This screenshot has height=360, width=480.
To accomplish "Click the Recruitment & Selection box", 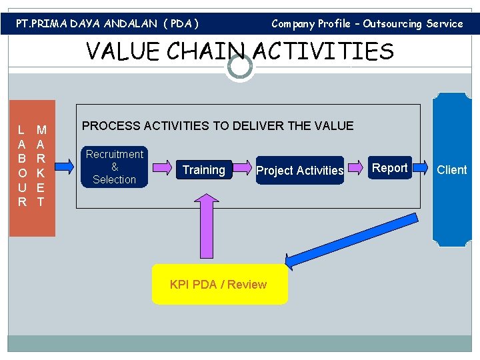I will tap(115, 167).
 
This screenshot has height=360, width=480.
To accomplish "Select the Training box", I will tap(203, 170).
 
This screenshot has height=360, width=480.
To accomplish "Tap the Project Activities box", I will tap(300, 171).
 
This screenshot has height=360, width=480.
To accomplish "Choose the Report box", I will tap(389, 168).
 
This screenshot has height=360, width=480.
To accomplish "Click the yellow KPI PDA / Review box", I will tap(219, 285).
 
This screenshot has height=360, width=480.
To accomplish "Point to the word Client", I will tap(451, 170).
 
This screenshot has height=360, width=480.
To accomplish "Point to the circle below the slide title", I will tap(240, 67).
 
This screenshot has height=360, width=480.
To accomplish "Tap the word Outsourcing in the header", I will tap(393, 24).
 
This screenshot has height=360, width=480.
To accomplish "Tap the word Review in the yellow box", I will tap(247, 285).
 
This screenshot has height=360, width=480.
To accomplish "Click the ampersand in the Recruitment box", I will tap(115, 167).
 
